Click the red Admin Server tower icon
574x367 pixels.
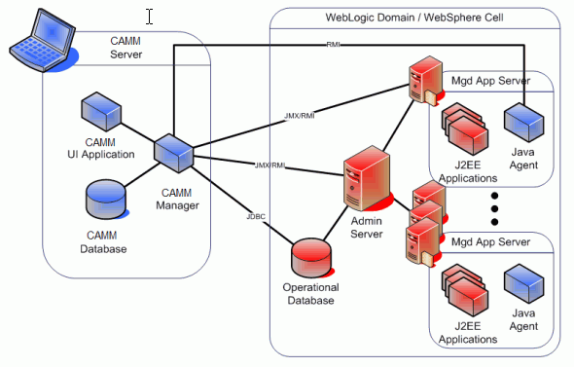pyautogui.click(x=364, y=176)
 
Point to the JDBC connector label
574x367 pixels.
pyautogui.click(x=256, y=213)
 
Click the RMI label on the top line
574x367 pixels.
pyautogui.click(x=333, y=43)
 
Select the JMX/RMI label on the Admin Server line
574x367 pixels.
pyautogui.click(x=269, y=165)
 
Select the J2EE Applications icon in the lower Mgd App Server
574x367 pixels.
pyautogui.click(x=465, y=289)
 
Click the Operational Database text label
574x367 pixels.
pyautogui.click(x=310, y=294)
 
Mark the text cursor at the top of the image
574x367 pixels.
pyautogui.click(x=149, y=16)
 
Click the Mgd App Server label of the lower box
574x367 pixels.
pyautogui.click(x=489, y=241)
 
